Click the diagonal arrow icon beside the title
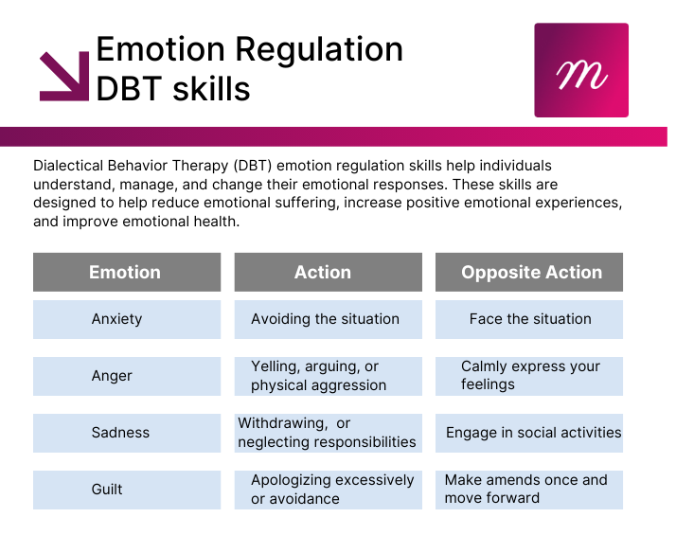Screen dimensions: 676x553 coord(64,77)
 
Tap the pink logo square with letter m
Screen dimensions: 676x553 coord(581,70)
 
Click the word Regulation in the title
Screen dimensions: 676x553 coord(319,49)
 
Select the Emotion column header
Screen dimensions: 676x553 coord(127,272)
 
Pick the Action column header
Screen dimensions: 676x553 coord(329,272)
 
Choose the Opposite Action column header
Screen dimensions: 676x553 coord(529,272)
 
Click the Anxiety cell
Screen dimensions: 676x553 coord(127,319)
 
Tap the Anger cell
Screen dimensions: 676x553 coord(127,376)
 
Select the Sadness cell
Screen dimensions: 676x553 coord(127,433)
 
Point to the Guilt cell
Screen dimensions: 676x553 coord(127,491)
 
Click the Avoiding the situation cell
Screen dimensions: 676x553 coord(329,319)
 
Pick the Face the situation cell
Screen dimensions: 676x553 coord(529,319)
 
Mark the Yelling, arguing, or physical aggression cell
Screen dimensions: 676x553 coord(329,376)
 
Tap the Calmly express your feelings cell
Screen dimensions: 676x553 coord(529,376)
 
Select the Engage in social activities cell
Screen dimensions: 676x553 coord(529,433)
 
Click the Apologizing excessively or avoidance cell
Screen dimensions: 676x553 coord(329,491)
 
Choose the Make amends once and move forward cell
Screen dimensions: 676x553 coord(529,491)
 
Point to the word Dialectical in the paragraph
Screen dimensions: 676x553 coord(68,166)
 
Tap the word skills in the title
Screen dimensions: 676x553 coord(211,89)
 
